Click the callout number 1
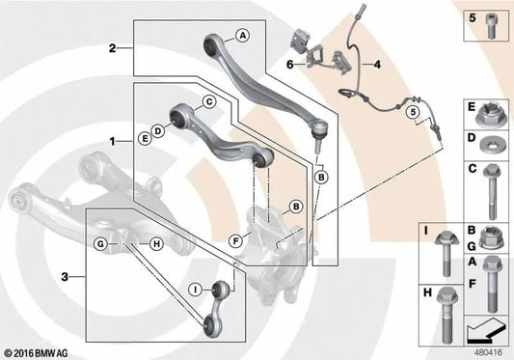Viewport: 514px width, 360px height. [x=113, y=141]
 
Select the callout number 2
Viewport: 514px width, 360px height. [x=113, y=47]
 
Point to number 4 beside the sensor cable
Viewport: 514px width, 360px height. [x=377, y=67]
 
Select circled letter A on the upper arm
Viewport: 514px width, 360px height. [x=243, y=35]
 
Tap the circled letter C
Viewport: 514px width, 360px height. [x=207, y=101]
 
